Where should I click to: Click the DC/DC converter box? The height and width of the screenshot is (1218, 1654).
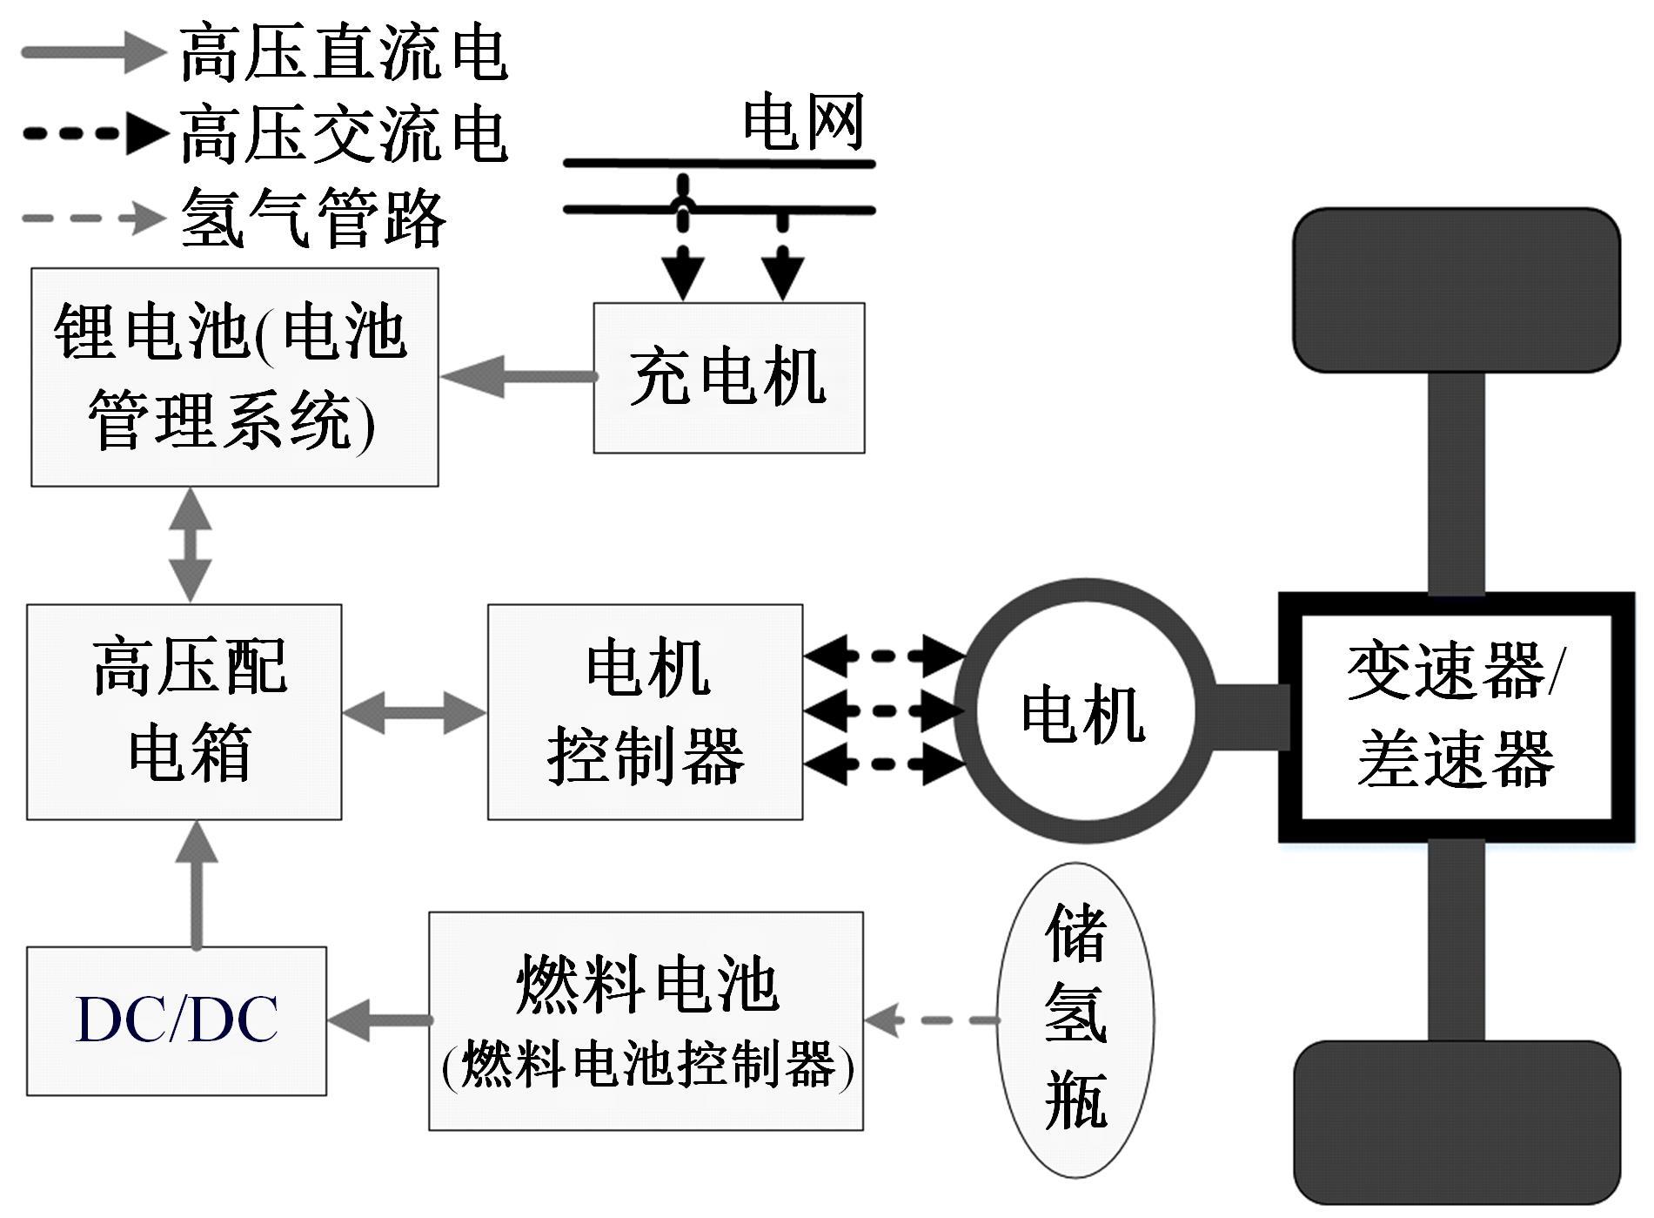click(x=177, y=1020)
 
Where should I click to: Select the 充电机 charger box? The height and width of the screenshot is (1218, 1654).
click(x=728, y=378)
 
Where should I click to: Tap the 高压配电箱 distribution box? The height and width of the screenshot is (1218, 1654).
click(x=184, y=711)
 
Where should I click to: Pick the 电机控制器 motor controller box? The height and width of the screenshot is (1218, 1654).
click(x=645, y=711)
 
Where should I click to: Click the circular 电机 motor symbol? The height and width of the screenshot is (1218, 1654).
click(x=1083, y=711)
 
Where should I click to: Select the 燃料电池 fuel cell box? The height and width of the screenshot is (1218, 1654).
click(x=646, y=1020)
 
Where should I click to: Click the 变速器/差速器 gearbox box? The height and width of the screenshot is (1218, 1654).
click(x=1456, y=717)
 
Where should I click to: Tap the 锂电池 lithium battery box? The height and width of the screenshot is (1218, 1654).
click(x=234, y=376)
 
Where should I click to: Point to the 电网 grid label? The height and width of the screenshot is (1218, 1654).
click(x=802, y=122)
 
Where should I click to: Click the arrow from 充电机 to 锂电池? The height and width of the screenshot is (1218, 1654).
click(x=518, y=377)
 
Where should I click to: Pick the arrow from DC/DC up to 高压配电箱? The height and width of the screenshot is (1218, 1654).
click(x=197, y=884)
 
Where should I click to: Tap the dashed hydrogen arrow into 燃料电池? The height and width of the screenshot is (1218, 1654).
click(x=931, y=1019)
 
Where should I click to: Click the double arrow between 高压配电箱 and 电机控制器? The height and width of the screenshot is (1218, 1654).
click(x=414, y=712)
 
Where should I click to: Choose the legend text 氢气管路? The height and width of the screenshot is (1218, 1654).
click(x=313, y=218)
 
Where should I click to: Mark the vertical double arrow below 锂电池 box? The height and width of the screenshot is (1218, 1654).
click(x=191, y=545)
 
